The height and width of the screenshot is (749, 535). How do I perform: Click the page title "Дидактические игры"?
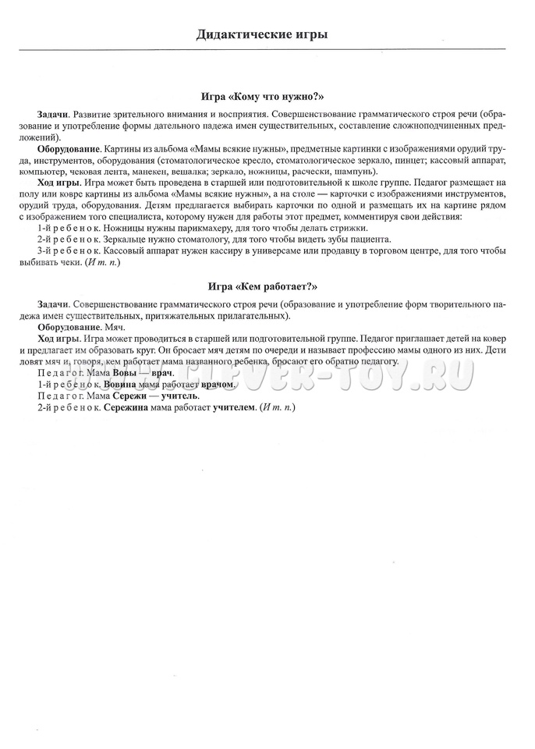pyautogui.click(x=261, y=34)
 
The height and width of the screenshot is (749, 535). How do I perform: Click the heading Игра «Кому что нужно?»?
pyautogui.click(x=261, y=98)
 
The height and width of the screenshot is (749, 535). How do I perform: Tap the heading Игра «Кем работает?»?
pyautogui.click(x=261, y=286)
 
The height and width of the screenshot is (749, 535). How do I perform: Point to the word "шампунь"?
pyautogui.click(x=355, y=172)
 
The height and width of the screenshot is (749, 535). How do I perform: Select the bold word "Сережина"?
pyautogui.click(x=130, y=407)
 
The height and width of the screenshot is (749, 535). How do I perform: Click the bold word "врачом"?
pyautogui.click(x=218, y=385)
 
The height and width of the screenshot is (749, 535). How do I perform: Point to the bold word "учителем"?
pyautogui.click(x=234, y=407)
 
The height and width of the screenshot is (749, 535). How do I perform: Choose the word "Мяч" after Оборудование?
pyautogui.click(x=114, y=328)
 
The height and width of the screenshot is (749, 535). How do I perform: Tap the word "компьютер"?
pyautogui.click(x=58, y=172)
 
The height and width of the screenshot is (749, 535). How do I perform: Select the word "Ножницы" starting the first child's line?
pyautogui.click(x=127, y=227)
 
